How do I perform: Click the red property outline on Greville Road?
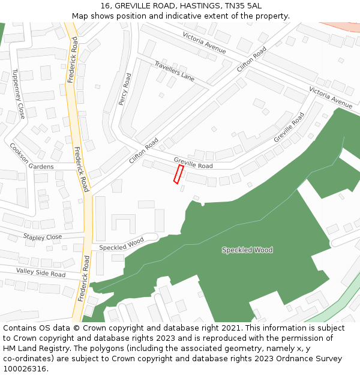(x=178, y=174)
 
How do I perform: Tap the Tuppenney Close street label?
(x=18, y=94)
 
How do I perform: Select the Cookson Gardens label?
(x=31, y=156)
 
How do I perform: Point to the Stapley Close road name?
(x=42, y=237)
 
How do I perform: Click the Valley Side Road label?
(x=41, y=273)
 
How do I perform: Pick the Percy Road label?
(x=124, y=89)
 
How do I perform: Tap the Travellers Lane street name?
(x=175, y=71)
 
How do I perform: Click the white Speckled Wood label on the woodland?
(x=247, y=250)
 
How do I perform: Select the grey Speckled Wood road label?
(x=121, y=244)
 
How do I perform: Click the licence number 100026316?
(x=26, y=368)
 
